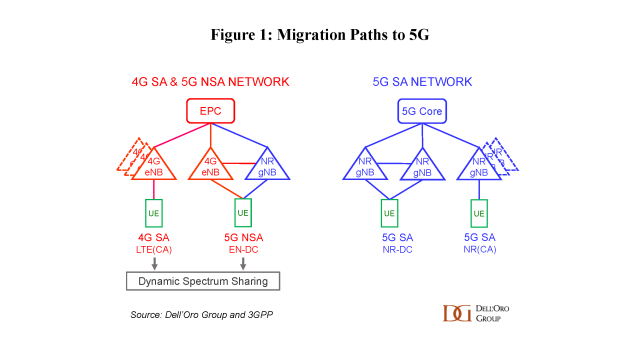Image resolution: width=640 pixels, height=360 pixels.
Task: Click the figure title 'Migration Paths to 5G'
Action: [319, 34]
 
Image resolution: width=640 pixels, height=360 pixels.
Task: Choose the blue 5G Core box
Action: [423, 111]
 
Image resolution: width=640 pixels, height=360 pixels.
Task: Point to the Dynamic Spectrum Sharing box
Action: [203, 281]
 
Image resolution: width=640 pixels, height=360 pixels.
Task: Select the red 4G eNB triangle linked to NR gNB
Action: [211, 163]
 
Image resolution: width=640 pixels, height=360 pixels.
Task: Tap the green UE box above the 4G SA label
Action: [155, 214]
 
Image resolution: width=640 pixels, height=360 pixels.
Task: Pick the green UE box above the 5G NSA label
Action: [242, 214]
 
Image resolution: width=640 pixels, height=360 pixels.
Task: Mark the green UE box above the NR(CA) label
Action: [479, 214]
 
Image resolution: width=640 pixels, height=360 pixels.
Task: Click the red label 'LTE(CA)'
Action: [155, 250]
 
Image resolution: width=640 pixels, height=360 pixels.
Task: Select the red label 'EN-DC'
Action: [242, 250]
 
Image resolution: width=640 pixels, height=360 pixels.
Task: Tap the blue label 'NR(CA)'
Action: [479, 250]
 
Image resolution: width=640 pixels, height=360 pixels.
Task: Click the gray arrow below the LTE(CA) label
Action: [155, 263]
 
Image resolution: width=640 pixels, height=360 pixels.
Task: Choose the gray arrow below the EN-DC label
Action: [242, 263]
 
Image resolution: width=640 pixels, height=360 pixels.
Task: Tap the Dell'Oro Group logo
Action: [476, 313]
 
